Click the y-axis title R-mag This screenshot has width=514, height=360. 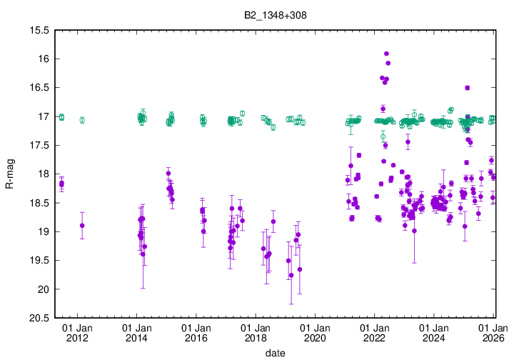[9, 174]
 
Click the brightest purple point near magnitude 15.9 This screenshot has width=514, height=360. [386, 54]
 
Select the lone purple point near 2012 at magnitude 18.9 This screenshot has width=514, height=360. [82, 226]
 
